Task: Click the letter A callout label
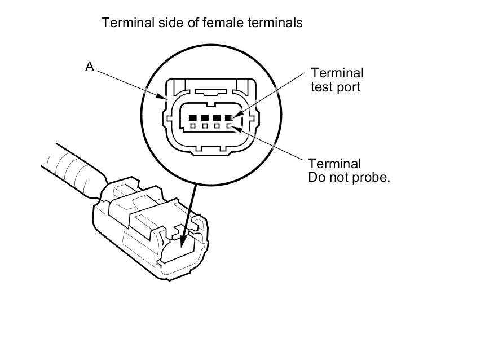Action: point(90,67)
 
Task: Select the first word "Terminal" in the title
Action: point(125,23)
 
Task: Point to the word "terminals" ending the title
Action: point(278,23)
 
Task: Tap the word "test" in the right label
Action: point(321,87)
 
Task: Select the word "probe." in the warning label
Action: point(371,177)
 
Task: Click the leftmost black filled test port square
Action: point(193,118)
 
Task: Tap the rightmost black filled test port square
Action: point(229,118)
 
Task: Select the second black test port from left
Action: point(205,118)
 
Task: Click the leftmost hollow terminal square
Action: point(193,125)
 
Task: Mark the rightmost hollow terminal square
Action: point(229,125)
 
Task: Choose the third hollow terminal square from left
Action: point(217,125)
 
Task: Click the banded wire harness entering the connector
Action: point(73,169)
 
